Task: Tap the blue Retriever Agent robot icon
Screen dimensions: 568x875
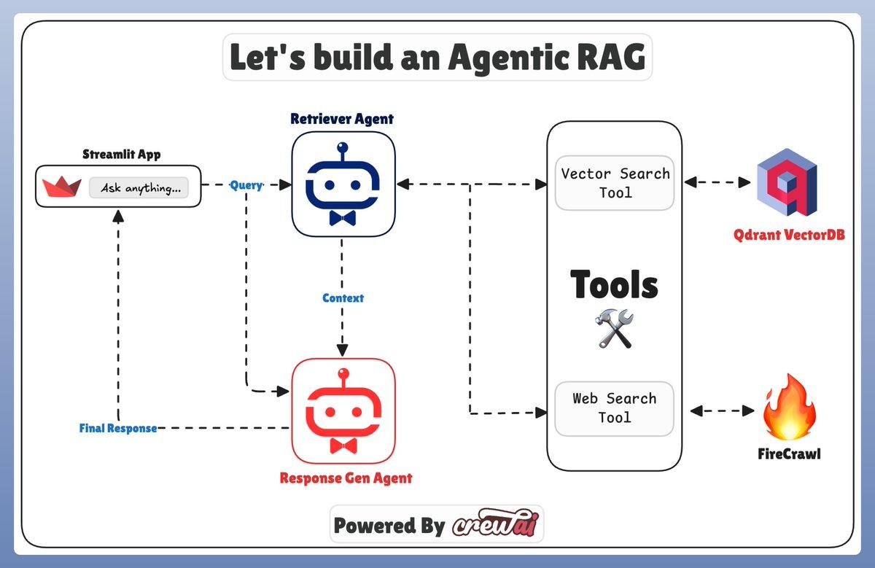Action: coord(343,184)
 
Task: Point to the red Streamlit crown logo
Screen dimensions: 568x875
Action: coord(62,187)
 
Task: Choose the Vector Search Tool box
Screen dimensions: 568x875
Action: coord(614,183)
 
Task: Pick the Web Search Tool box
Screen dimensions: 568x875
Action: coord(614,408)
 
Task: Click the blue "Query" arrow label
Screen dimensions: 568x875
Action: coord(246,185)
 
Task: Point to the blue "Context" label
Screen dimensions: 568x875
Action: coord(343,298)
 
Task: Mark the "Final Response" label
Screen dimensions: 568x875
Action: coord(118,428)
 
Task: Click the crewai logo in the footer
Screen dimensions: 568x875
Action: coord(495,525)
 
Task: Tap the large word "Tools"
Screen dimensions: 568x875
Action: coord(614,284)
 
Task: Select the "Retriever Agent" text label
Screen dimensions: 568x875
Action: coord(342,119)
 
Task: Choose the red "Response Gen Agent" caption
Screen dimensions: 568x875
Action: coord(346,478)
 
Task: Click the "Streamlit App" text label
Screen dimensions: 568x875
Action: coord(122,155)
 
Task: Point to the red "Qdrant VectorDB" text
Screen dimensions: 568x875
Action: coord(789,236)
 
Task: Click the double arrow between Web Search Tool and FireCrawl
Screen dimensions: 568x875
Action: coord(722,411)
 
